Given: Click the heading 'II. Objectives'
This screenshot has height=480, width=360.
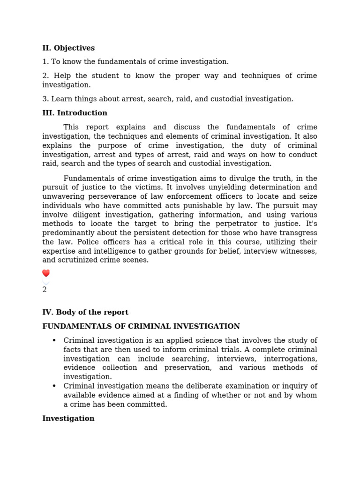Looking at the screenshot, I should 68,48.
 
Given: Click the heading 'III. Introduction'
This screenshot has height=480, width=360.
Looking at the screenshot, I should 75,113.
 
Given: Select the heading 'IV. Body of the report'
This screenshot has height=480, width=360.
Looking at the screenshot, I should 85,312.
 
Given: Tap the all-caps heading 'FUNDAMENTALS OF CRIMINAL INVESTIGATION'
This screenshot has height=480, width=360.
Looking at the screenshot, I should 141,326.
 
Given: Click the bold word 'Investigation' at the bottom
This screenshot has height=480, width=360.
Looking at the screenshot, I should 68,419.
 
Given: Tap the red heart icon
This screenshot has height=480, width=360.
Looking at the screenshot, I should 46,273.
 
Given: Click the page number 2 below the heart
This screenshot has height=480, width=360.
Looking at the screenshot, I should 45,290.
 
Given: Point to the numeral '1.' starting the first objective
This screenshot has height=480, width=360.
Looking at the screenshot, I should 45,62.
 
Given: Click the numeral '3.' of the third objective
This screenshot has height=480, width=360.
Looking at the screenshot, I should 45,99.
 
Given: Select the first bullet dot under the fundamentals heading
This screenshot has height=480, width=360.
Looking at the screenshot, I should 54,340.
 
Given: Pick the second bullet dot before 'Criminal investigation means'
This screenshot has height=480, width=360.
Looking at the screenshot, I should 54,386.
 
